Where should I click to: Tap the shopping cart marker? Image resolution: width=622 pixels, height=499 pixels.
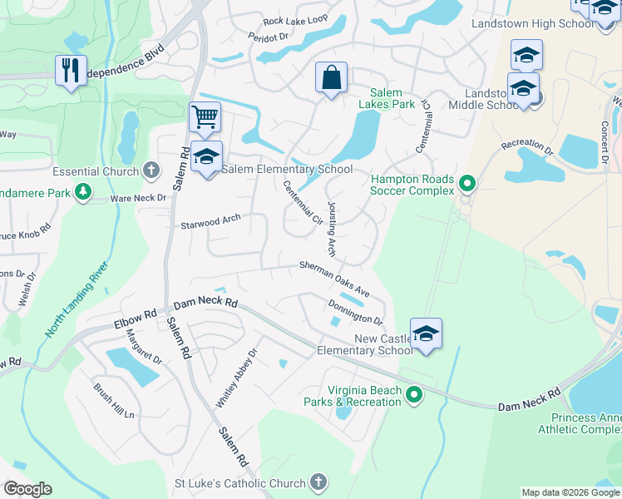[x=204, y=116]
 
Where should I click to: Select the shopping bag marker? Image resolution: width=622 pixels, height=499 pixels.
[x=331, y=78]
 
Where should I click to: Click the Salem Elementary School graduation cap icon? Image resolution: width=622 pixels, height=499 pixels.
[x=206, y=156]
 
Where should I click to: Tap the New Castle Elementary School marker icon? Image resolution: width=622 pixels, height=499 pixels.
[x=426, y=333]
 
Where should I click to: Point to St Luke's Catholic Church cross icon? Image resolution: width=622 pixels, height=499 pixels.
[x=317, y=482]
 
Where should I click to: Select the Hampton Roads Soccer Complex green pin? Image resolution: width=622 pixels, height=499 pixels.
[x=467, y=184]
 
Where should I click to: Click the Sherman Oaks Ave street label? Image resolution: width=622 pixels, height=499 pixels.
[x=335, y=279]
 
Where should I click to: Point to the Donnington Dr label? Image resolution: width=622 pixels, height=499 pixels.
[x=355, y=313]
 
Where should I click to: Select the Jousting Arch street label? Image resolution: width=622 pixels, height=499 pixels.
[x=331, y=228]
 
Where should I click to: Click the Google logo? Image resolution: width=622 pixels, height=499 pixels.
[x=27, y=489]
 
